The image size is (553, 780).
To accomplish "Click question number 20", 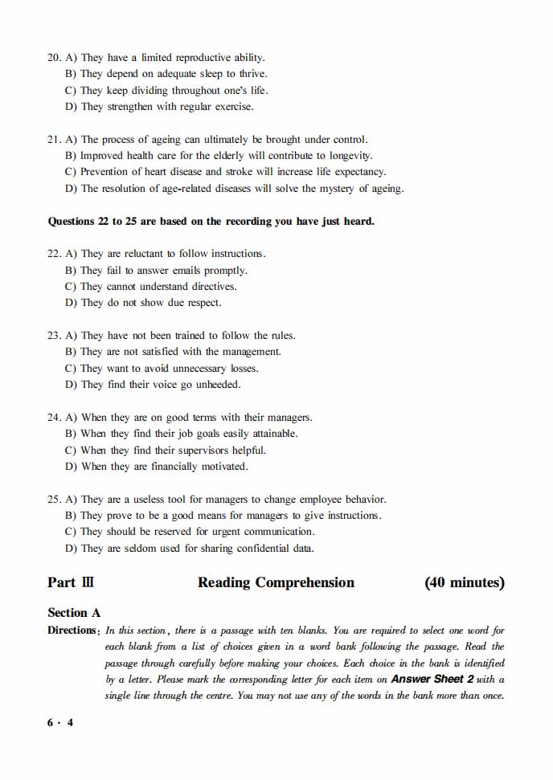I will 54,58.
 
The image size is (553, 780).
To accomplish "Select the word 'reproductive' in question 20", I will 198,58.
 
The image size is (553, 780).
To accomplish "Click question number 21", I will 54,140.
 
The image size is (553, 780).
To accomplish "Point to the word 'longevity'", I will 348,156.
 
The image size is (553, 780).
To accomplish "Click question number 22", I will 54,254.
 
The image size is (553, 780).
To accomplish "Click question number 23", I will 54,336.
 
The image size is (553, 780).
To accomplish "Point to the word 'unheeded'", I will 217,385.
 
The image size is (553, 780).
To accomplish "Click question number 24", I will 54,418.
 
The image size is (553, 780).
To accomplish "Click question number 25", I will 54,500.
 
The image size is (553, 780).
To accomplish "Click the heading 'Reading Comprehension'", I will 276,583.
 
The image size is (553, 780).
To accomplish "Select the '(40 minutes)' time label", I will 464,583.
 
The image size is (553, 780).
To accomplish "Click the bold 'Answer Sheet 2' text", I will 432,680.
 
